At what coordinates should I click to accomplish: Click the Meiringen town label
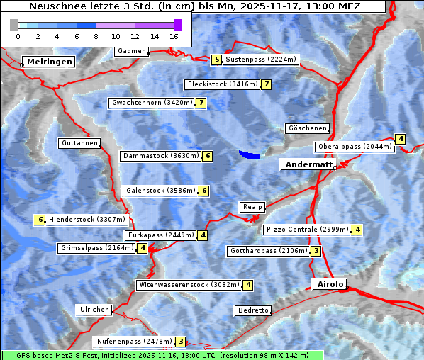coord(48,62)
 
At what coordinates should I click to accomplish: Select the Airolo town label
coord(330,284)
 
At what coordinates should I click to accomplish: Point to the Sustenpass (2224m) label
coord(261,60)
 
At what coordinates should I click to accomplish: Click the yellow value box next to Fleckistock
coord(266,84)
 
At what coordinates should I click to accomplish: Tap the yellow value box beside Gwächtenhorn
coord(201,103)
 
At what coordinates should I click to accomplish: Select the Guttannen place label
coord(79,143)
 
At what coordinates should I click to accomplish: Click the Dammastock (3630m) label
coord(160,156)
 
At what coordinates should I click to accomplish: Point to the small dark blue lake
coord(250,154)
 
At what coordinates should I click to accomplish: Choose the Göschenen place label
coord(306,128)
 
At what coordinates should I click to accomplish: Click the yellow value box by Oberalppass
coord(401,139)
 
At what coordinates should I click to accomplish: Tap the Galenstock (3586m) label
coord(160,191)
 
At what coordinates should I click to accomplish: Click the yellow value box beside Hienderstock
coord(40,220)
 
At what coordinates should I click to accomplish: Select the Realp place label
coord(252,207)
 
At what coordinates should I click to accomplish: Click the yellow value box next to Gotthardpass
coord(316,251)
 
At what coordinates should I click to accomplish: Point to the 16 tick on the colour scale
coord(174,35)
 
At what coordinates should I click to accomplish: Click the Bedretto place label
coord(252,310)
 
